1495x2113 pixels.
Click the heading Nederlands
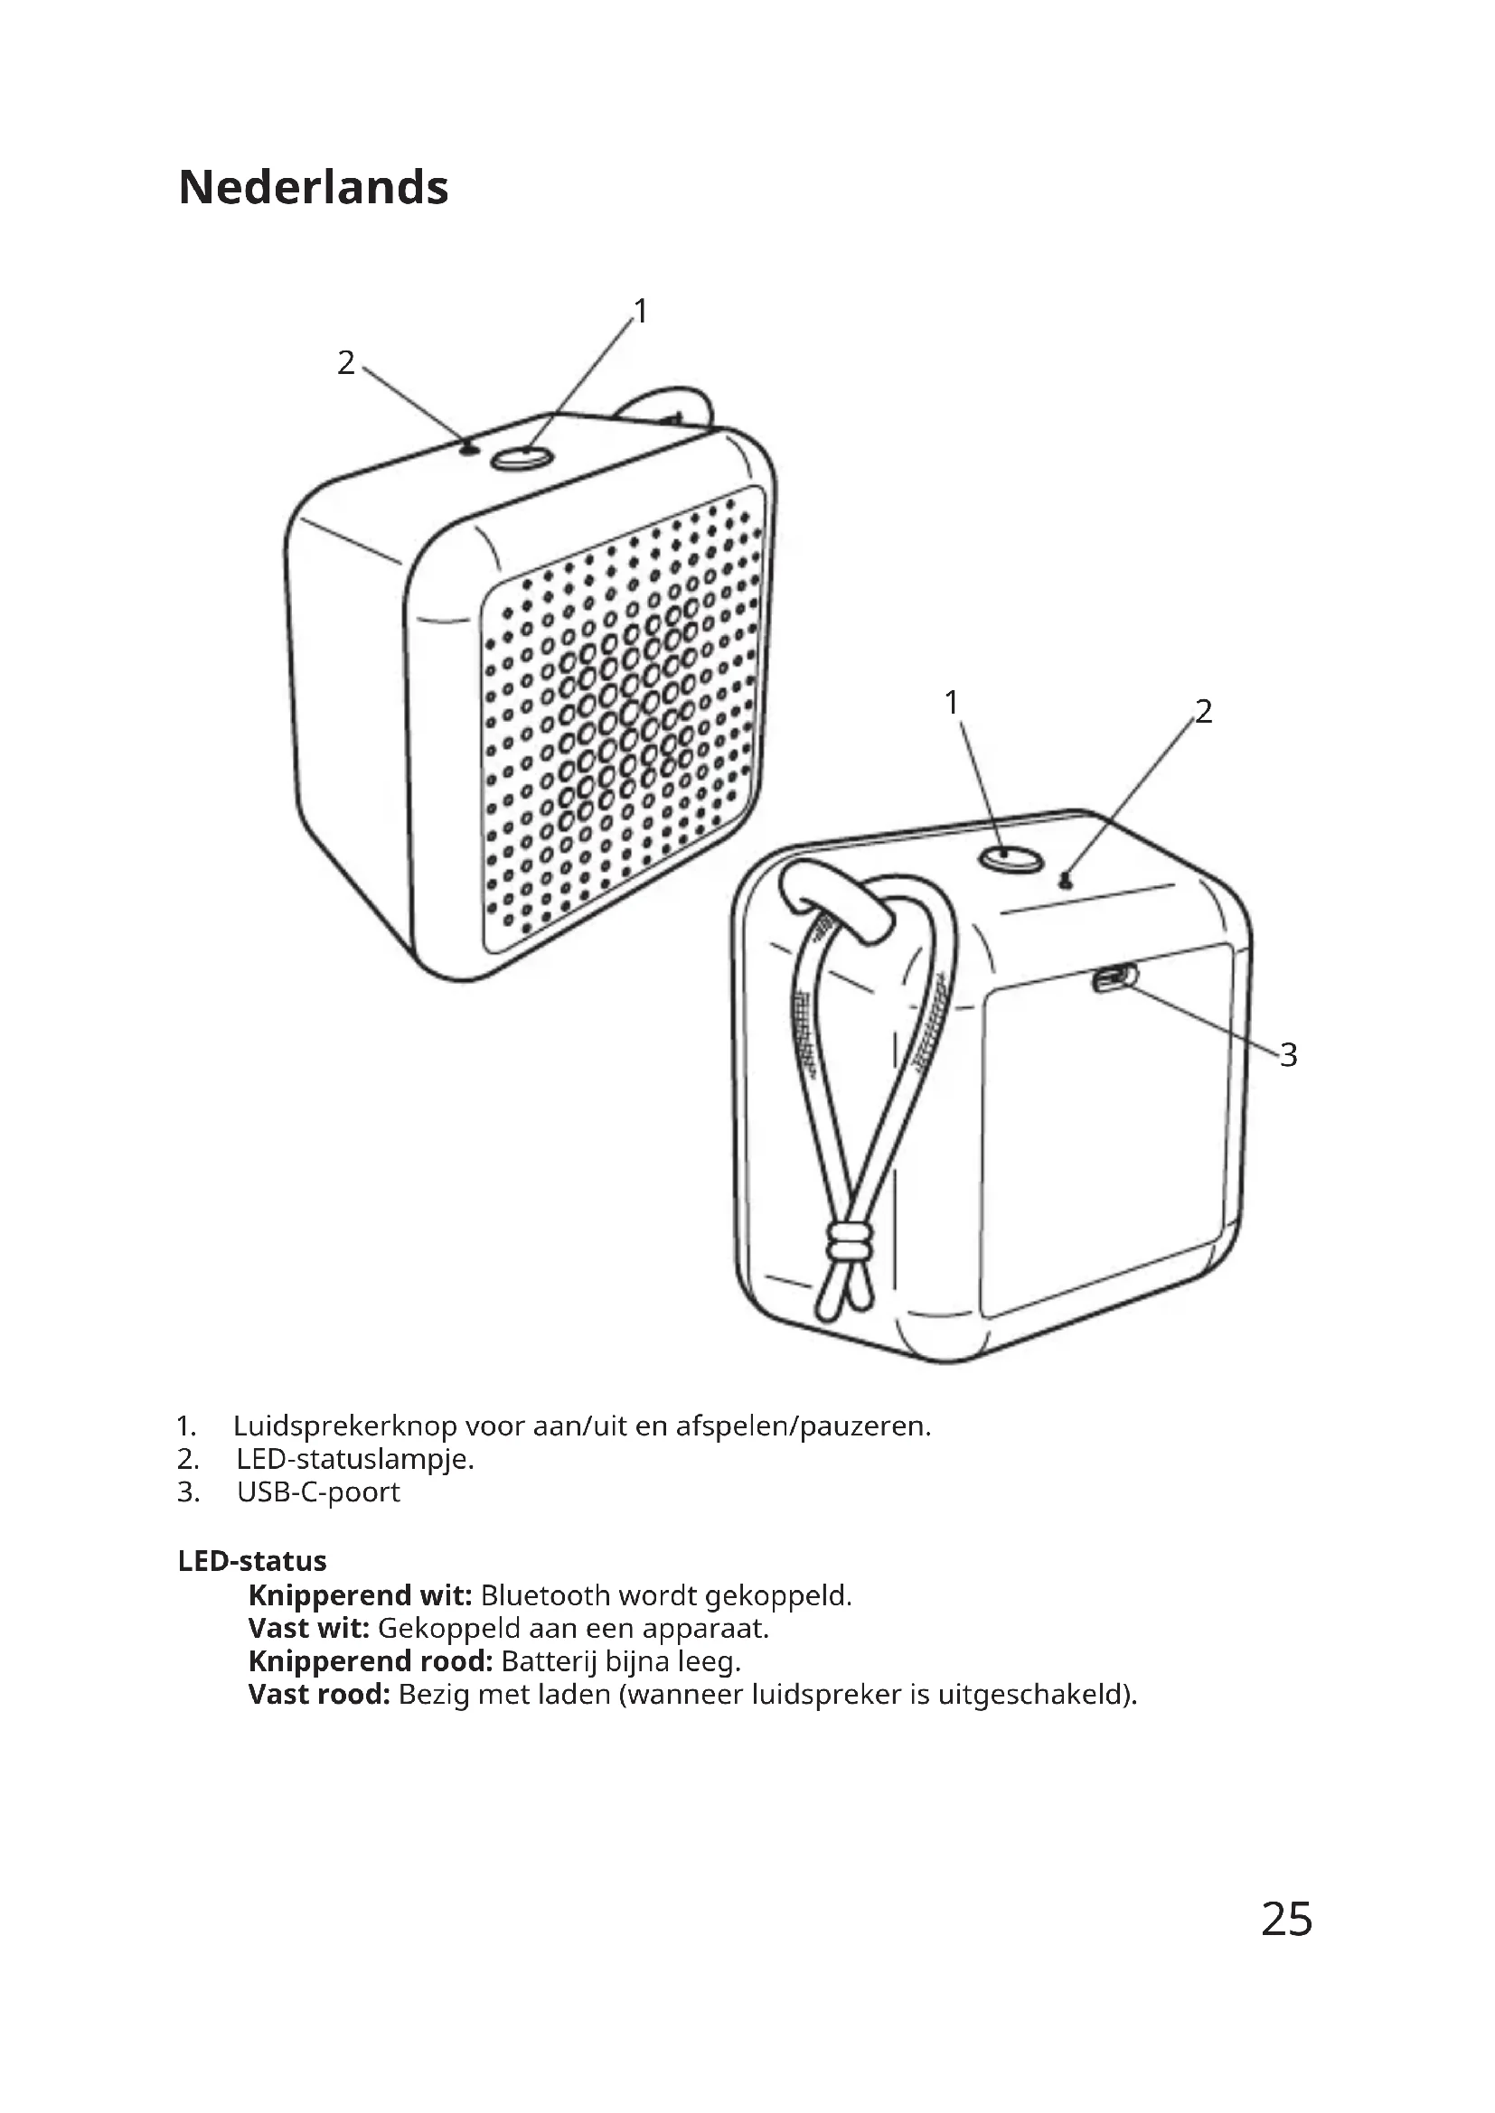click(x=313, y=188)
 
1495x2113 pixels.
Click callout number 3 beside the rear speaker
click(x=1289, y=1054)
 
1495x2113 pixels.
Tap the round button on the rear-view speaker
click(x=1011, y=858)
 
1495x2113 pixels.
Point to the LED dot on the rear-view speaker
click(x=1066, y=882)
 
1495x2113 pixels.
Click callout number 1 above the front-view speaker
click(x=641, y=312)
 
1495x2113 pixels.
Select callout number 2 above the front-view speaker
click(x=345, y=363)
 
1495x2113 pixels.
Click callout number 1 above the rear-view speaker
click(x=952, y=703)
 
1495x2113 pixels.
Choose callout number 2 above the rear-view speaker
click(x=1204, y=711)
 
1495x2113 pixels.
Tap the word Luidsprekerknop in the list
click(x=344, y=1426)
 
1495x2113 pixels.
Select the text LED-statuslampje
click(x=355, y=1460)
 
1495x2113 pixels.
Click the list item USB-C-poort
click(x=318, y=1491)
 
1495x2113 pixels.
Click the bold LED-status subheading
click(x=252, y=1561)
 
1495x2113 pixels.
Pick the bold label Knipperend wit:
click(x=360, y=1594)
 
